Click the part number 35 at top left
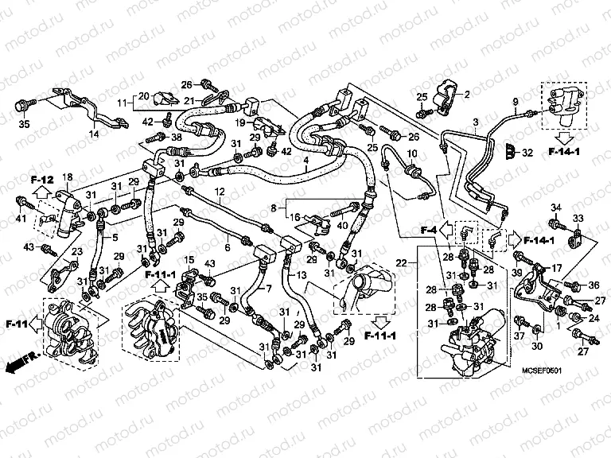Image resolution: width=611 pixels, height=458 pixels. pos(23,124)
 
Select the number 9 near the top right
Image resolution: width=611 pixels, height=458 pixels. pos(515,101)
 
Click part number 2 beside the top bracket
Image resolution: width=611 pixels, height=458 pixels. pos(467,95)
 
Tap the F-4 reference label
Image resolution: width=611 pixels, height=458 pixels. pos(429,231)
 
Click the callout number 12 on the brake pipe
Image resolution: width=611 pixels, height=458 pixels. pos(219,192)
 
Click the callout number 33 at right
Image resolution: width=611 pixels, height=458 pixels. pos(578,219)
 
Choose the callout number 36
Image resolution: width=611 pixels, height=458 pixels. pos(594,286)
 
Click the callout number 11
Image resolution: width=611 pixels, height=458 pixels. pos(123,103)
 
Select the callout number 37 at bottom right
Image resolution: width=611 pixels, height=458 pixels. pos(518,336)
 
